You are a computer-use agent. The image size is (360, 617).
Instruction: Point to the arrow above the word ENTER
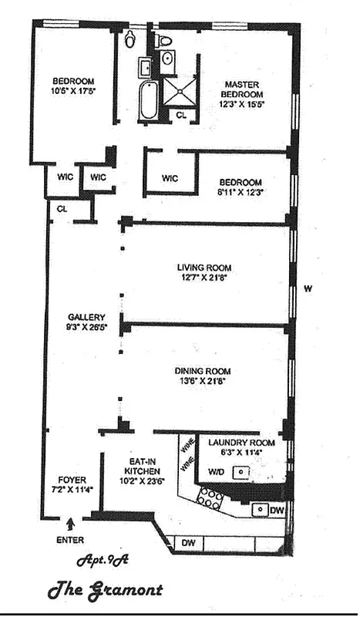(72, 525)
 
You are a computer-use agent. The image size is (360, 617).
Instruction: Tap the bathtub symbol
(148, 100)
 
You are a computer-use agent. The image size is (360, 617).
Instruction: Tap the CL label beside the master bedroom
(181, 115)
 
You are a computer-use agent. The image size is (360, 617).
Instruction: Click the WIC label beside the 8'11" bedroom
(170, 178)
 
